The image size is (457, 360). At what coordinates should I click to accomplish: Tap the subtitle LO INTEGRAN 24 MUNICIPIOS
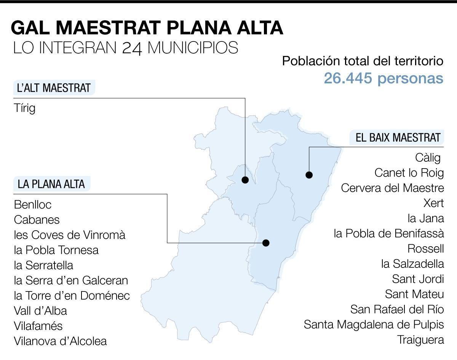pos(126,48)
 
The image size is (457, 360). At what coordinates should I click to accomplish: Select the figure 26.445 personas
pos(383,78)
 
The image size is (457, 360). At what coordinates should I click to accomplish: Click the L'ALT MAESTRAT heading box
pos(54,88)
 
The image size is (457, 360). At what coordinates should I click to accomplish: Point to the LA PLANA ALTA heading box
pos(51,184)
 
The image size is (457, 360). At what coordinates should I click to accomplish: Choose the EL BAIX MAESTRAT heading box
pos(398,137)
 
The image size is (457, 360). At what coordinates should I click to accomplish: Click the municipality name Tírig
pos(24,108)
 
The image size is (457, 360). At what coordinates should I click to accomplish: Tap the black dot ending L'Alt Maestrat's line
pos(245,180)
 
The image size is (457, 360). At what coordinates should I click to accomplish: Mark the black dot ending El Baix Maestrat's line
pos(309,175)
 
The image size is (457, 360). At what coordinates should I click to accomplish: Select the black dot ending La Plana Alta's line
pos(266,243)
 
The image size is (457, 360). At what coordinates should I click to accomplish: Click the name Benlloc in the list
pos(33,204)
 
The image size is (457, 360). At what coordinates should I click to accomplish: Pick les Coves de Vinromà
pos(69,235)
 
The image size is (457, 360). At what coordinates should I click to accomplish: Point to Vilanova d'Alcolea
pos(60,341)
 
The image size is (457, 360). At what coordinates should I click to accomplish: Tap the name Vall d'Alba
pos(40,311)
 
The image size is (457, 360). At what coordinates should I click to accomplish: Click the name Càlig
pos(428,157)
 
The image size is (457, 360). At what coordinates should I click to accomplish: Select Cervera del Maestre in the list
pos(392,188)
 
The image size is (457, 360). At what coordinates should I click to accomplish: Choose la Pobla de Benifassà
pos(389,233)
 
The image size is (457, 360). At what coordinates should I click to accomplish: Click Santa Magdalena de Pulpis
pos(374,325)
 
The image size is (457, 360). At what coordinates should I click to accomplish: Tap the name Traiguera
pos(421,339)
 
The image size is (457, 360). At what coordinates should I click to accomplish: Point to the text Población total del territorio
pos(363,61)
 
